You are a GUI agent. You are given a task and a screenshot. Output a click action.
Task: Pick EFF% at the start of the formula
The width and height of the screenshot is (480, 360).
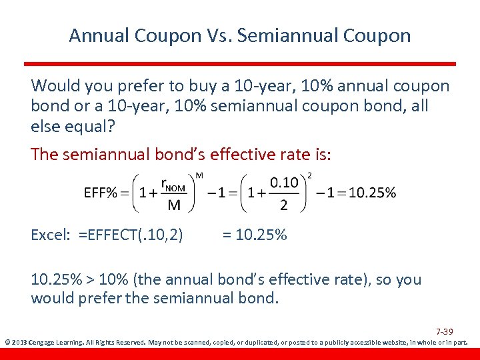coord(100,193)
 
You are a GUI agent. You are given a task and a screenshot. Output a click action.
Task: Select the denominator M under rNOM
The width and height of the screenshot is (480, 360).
coord(173,205)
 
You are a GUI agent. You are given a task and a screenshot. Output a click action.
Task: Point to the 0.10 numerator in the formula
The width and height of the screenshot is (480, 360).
coord(283,183)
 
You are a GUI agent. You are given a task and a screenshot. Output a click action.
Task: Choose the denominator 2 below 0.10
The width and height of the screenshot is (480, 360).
coord(284,205)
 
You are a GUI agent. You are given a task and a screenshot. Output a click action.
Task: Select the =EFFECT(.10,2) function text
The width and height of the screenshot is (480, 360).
coord(131,235)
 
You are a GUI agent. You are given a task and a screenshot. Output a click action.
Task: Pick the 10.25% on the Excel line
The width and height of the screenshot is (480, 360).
coord(261,235)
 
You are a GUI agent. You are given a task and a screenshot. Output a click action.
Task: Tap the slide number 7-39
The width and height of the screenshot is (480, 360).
coord(445,331)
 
